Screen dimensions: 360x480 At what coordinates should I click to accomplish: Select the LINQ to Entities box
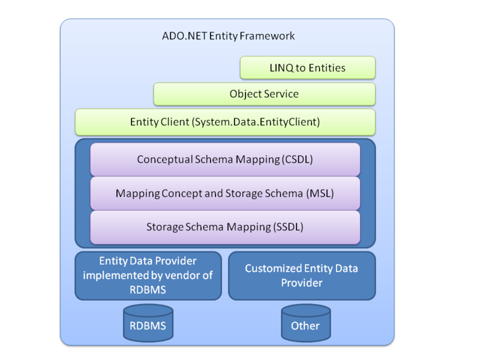click(x=307, y=68)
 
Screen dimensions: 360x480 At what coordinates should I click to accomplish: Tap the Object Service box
click(x=264, y=94)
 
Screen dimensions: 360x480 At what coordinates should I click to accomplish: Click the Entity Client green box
click(x=225, y=122)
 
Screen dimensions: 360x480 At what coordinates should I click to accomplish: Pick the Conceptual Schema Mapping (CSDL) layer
click(x=225, y=160)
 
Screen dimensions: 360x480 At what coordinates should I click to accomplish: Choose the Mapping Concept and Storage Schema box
click(x=225, y=194)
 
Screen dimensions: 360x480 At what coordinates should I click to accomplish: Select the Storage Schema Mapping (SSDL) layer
click(x=225, y=227)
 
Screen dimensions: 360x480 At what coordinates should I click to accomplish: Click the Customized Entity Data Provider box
click(x=301, y=275)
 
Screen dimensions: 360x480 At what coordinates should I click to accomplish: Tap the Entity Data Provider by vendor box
click(x=148, y=275)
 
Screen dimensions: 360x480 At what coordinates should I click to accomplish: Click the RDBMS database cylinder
click(x=148, y=324)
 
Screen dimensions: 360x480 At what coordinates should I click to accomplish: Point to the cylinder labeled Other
click(x=306, y=324)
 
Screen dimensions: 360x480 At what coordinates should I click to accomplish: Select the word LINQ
click(x=281, y=68)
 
